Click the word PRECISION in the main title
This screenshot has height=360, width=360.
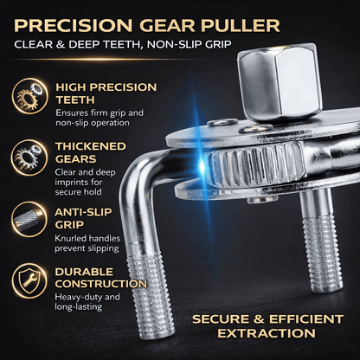(74, 26)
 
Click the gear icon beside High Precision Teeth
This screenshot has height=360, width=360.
(29, 96)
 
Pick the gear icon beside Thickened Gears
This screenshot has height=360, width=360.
(29, 157)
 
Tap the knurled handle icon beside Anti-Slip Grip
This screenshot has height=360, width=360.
(29, 220)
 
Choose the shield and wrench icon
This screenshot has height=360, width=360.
(29, 280)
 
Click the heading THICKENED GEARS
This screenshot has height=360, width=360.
(91, 152)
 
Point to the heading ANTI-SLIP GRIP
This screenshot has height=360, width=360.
(83, 218)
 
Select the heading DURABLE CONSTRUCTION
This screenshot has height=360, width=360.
(101, 278)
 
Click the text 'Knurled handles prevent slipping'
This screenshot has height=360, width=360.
(87, 243)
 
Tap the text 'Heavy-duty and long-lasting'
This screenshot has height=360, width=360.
(87, 302)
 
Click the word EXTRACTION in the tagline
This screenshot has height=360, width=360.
(267, 333)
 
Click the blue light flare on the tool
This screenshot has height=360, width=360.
(202, 164)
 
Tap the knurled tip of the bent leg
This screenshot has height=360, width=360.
(151, 294)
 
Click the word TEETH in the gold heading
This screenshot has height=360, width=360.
(75, 100)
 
